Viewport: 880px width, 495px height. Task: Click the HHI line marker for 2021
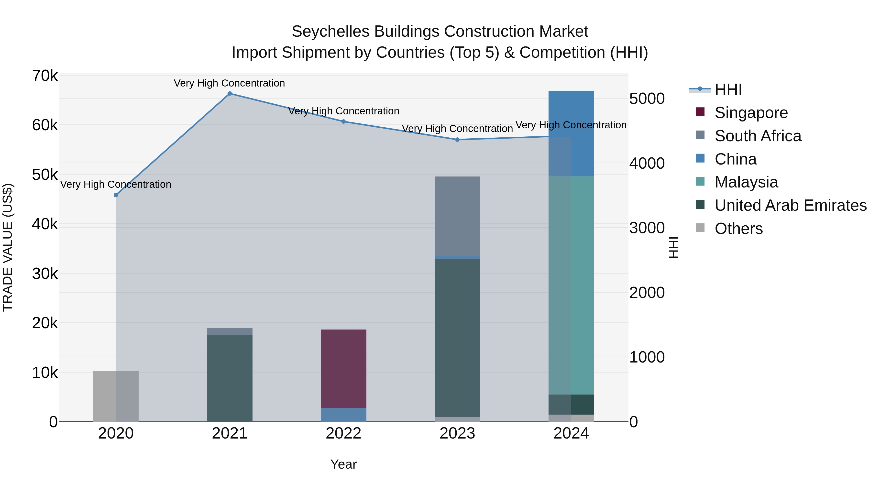click(x=230, y=94)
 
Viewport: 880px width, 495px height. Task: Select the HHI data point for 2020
click(x=116, y=195)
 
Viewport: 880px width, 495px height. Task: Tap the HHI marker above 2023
click(x=457, y=140)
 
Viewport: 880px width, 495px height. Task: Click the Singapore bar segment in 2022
click(x=344, y=369)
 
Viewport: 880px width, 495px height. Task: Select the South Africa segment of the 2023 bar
click(x=457, y=216)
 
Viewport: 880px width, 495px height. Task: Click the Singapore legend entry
click(x=751, y=113)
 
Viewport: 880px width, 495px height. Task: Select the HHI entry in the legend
click(x=728, y=89)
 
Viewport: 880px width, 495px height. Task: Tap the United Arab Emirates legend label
click(x=791, y=206)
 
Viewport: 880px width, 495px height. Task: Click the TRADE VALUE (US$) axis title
click(x=8, y=247)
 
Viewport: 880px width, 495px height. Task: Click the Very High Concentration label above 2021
click(x=229, y=83)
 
